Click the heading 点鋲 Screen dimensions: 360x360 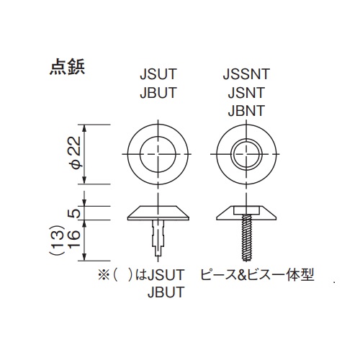[67, 68]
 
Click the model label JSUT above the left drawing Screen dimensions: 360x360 [158, 74]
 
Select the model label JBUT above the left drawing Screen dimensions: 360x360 [158, 92]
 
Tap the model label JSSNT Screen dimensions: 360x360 [246, 74]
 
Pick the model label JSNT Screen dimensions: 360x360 [246, 92]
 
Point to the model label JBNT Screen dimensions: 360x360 [246, 110]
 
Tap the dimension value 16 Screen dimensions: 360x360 [74, 238]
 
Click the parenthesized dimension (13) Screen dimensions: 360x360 [58, 240]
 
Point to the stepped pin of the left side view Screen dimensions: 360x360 [158, 238]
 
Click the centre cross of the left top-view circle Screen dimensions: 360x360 [158, 154]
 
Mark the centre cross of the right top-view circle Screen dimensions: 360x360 [246, 154]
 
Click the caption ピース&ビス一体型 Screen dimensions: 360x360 [257, 275]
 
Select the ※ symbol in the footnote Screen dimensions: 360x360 [104, 275]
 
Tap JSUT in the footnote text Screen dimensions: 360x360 [166, 275]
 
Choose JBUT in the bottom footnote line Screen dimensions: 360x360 [166, 292]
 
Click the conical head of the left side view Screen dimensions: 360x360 [158, 213]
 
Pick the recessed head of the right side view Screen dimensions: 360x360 [246, 213]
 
